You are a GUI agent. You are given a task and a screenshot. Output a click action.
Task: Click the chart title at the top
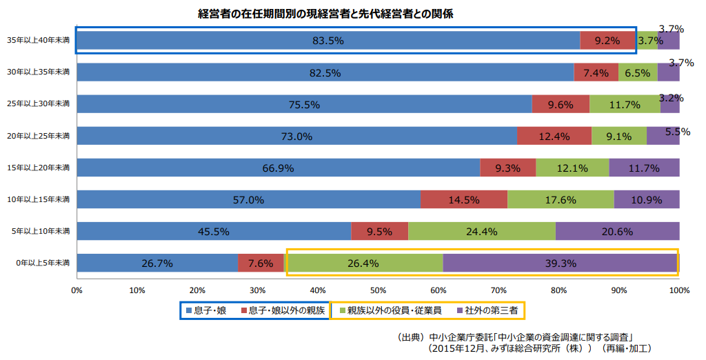pos(325,13)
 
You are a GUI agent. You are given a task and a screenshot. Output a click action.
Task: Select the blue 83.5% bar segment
pos(328,41)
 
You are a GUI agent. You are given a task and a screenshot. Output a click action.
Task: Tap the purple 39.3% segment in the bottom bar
pos(560,263)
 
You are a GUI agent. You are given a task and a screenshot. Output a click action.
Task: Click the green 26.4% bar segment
pos(363,263)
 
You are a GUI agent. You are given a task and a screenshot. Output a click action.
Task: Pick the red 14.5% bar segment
pos(464,200)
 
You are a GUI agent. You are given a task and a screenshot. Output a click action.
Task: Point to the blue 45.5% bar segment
pos(214,231)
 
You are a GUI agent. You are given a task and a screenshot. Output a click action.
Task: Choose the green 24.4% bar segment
pos(482,231)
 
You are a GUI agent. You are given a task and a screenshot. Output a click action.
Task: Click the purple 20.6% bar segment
pos(617,231)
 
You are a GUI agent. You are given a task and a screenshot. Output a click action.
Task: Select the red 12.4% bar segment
pos(554,136)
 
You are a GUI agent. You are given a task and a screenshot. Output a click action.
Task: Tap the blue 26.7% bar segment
pos(157,263)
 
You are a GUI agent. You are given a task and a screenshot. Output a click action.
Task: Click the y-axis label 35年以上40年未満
pos(39,41)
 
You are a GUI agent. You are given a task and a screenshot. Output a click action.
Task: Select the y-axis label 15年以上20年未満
pos(39,168)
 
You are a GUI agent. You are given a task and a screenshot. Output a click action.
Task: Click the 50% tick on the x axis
pos(378,290)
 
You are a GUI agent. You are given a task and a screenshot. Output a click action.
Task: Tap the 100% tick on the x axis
pos(679,290)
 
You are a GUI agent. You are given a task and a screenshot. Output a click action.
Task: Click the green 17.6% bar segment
pos(561,200)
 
